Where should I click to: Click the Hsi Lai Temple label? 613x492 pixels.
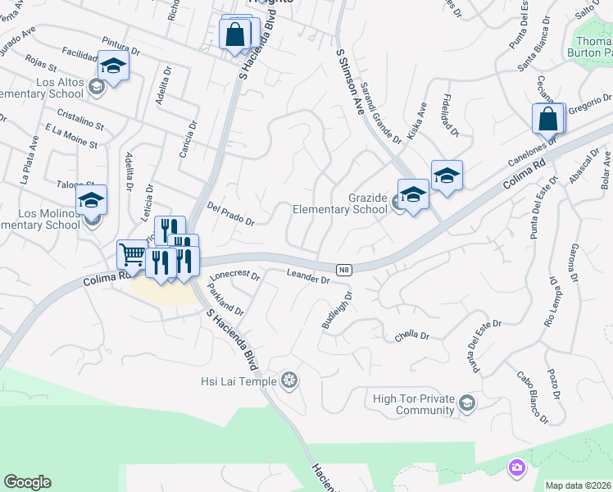coord(239,380)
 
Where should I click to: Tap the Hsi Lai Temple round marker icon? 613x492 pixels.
coord(288,380)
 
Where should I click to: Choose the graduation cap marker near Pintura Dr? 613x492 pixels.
coord(113,66)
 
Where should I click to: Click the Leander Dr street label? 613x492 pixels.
coord(309,276)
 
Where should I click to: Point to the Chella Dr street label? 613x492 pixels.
coord(412,335)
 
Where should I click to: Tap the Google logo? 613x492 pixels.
coord(27,482)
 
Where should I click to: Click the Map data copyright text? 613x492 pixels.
coord(579,485)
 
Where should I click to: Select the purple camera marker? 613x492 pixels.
coord(516,467)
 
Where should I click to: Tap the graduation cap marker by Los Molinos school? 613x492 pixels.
coord(92,199)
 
